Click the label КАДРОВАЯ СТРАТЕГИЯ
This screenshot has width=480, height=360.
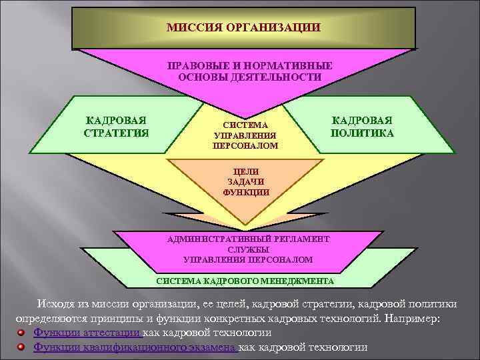tap(117, 126)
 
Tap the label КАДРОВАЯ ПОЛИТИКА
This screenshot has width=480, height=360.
tap(362, 126)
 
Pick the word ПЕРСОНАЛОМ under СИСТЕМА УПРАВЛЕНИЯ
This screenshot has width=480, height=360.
tap(245, 145)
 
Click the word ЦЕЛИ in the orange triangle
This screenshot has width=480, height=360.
tap(246, 171)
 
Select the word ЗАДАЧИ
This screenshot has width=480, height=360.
tap(246, 181)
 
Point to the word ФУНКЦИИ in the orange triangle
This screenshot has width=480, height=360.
tap(246, 192)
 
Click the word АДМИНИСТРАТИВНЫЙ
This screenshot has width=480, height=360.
tap(213, 238)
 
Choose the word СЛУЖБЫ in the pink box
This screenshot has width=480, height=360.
tap(247, 249)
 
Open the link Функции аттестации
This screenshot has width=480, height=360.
tap(87, 333)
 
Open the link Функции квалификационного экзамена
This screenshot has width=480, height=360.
tap(135, 347)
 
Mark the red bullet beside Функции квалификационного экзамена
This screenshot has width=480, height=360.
tap(22, 347)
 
